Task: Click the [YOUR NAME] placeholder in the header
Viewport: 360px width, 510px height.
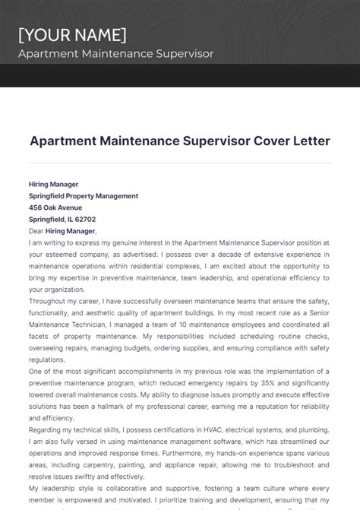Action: coord(72,35)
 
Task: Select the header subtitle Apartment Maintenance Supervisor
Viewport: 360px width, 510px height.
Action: coord(115,54)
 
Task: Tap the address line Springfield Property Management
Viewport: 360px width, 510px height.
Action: coord(84,195)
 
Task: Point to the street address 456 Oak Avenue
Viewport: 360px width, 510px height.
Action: coord(55,207)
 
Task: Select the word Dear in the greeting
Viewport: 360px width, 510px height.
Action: coord(36,231)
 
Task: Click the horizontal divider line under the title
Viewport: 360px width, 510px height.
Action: coord(180,163)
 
